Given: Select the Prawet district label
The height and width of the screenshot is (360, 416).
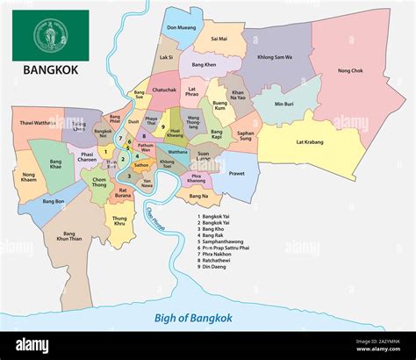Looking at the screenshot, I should tap(237, 173).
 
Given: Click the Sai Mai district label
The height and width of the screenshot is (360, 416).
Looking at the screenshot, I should tap(219, 39).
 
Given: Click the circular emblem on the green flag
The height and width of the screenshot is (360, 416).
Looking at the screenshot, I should tap(50, 35).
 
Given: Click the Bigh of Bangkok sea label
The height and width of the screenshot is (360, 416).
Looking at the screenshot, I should tap(193, 318).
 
